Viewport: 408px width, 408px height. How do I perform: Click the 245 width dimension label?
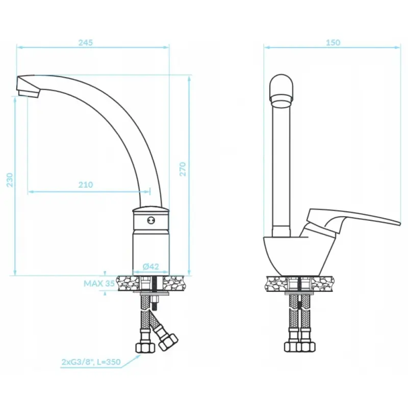tap(86, 43)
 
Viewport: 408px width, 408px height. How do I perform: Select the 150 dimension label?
tap(333, 43)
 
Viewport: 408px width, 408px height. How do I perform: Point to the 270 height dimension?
tap(183, 169)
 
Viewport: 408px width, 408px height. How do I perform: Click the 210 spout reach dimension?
tap(86, 185)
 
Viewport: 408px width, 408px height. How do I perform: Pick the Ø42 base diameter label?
tap(150, 266)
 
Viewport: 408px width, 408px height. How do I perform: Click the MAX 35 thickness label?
tap(99, 284)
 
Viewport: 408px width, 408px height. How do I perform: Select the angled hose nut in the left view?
tap(168, 340)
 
